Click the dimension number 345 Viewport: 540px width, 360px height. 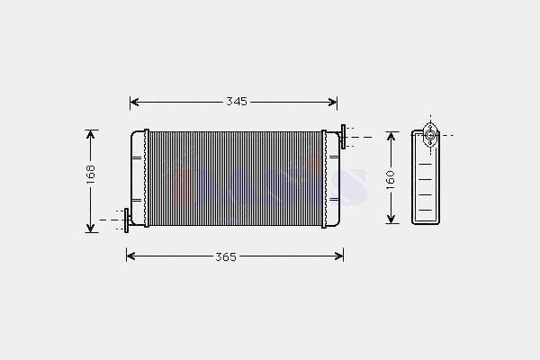pos(237,102)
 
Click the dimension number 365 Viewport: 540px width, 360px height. pos(226,257)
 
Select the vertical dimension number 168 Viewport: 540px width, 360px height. pos(91,175)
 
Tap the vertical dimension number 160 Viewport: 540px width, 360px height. pos(391,179)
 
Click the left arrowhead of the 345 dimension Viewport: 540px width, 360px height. pos(134,102)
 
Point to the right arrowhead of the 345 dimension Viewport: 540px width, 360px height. pos(333,102)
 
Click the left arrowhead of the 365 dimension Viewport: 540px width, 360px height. pos(130,256)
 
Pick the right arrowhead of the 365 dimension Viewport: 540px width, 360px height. pos(339,256)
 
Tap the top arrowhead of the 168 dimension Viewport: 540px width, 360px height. pos(90,135)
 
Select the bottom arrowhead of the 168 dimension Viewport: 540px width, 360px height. pos(90,228)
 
